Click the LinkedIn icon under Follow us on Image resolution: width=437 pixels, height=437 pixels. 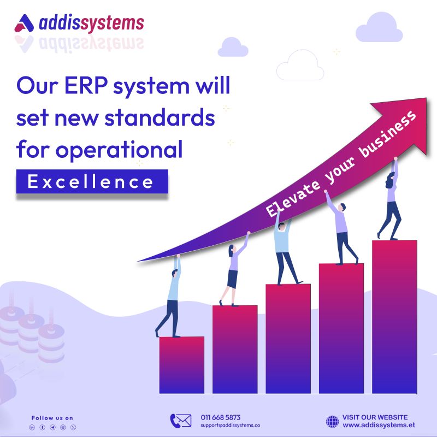[x=32, y=427]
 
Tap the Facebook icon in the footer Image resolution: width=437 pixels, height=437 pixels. [x=43, y=427]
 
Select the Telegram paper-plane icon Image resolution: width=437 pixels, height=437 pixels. [x=52, y=427]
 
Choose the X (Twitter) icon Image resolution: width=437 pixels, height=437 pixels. [x=73, y=427]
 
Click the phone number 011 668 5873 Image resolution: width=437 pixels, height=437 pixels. [x=221, y=417]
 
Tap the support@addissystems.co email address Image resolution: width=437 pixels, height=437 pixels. [x=230, y=426]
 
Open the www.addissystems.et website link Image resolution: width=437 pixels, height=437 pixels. [x=379, y=425]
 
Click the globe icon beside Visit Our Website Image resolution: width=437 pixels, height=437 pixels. [x=332, y=421]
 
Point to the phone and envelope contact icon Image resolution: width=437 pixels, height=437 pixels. [x=181, y=421]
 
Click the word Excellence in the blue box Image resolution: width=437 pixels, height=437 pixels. [x=90, y=182]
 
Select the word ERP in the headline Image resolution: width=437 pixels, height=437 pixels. [x=86, y=85]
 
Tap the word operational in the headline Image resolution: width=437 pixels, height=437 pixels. [x=119, y=150]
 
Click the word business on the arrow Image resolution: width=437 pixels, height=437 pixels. [x=388, y=134]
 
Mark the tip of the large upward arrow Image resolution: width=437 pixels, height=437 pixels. [x=426, y=98]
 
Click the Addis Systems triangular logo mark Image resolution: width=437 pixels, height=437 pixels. [x=24, y=23]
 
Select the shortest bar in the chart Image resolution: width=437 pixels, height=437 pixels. [x=182, y=365]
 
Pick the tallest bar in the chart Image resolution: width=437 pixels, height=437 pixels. [x=394, y=317]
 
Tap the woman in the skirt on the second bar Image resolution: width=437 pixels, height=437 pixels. [x=234, y=269]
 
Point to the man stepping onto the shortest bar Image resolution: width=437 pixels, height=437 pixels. [x=169, y=296]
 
